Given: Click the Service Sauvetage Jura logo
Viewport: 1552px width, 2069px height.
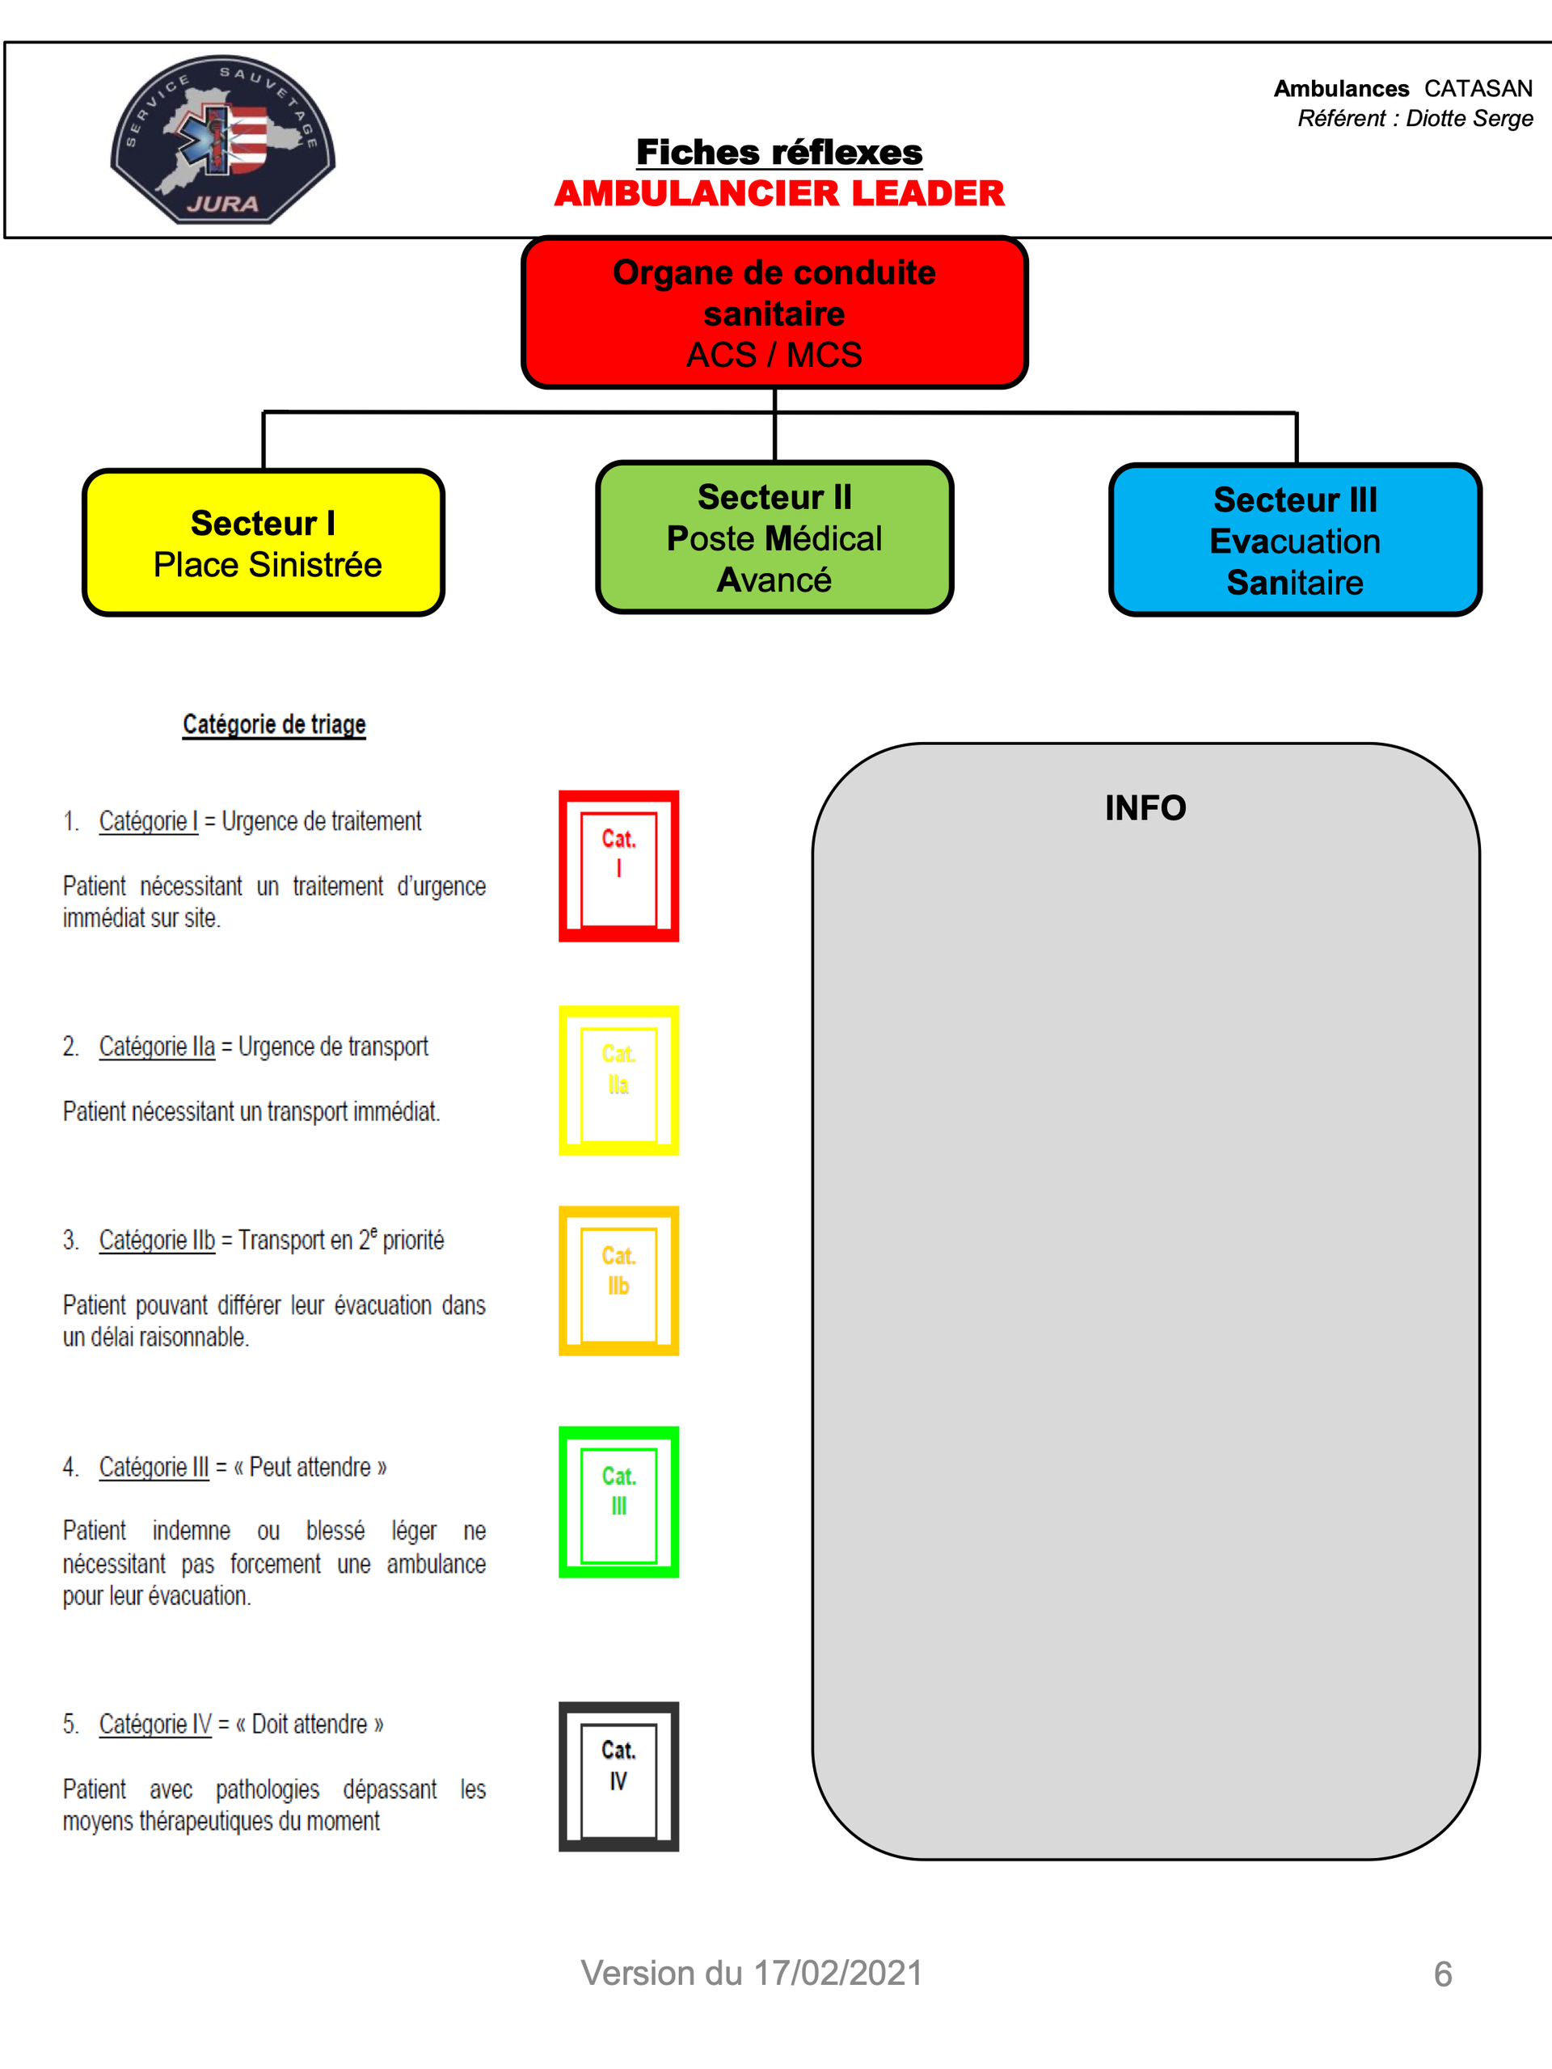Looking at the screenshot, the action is (x=222, y=139).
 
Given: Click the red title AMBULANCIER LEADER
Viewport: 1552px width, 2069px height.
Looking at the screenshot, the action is (x=779, y=194).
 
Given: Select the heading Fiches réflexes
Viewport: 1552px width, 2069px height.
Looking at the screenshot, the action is (x=779, y=151).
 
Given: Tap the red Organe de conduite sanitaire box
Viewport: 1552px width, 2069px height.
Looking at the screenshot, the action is (x=774, y=313).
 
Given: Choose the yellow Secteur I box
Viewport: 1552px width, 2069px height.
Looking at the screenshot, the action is (x=264, y=542).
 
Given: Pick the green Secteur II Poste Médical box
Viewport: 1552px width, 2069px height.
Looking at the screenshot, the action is (x=774, y=537).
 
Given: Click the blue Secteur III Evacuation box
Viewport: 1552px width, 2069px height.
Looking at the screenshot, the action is (x=1296, y=541).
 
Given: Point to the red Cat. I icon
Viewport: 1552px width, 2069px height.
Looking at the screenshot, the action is (x=618, y=866).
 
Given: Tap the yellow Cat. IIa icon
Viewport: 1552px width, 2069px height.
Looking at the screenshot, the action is (x=618, y=1081).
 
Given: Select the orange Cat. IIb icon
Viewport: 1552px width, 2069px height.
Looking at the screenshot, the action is (x=618, y=1280).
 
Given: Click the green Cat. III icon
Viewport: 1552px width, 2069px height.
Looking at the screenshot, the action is (x=618, y=1502).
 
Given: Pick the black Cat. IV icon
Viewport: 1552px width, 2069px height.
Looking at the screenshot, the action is (x=618, y=1776).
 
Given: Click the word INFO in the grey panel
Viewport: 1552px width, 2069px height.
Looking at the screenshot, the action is (x=1145, y=808).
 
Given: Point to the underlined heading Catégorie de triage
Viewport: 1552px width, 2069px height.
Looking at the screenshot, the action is (x=274, y=725).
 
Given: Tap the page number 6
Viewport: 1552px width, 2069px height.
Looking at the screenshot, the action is (x=1443, y=1974).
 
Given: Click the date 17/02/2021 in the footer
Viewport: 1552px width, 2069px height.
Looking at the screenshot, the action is (x=838, y=1973).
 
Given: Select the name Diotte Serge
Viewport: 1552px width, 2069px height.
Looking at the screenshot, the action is (x=1470, y=118).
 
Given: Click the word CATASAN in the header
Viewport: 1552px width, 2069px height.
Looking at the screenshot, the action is (x=1478, y=88).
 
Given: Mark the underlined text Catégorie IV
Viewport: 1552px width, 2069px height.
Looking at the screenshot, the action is (x=155, y=1724).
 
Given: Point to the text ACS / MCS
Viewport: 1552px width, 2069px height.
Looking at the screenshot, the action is (x=774, y=356).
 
